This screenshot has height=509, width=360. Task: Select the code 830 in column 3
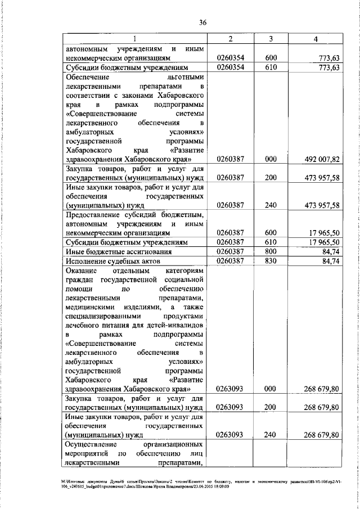(x=271, y=261)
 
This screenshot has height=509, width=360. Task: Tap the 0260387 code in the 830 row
(x=229, y=261)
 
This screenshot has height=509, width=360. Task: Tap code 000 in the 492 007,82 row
(x=271, y=159)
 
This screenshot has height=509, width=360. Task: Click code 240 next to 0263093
(x=271, y=435)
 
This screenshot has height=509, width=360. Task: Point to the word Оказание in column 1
(x=83, y=271)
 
